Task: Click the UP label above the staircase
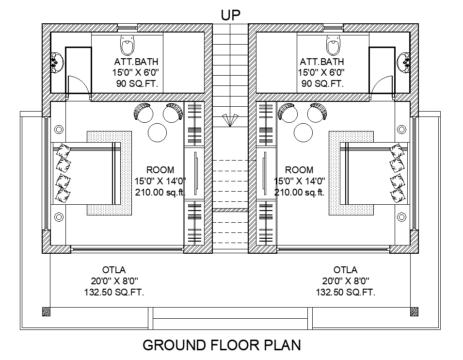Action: click(x=231, y=15)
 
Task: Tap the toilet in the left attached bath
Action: click(x=127, y=45)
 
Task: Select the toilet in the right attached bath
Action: click(x=334, y=45)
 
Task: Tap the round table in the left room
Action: click(x=158, y=132)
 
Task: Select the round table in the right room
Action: click(x=303, y=132)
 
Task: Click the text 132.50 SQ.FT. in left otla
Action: click(x=114, y=292)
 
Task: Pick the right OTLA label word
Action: click(x=345, y=270)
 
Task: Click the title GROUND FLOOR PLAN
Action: click(x=222, y=345)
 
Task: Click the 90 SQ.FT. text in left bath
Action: click(x=137, y=83)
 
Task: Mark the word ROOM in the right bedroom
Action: click(x=299, y=170)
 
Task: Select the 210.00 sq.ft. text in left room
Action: click(x=160, y=193)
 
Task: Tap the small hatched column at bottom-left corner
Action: click(x=46, y=311)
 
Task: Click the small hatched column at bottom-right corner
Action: click(x=414, y=311)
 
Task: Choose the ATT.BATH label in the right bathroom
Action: click(x=322, y=62)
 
